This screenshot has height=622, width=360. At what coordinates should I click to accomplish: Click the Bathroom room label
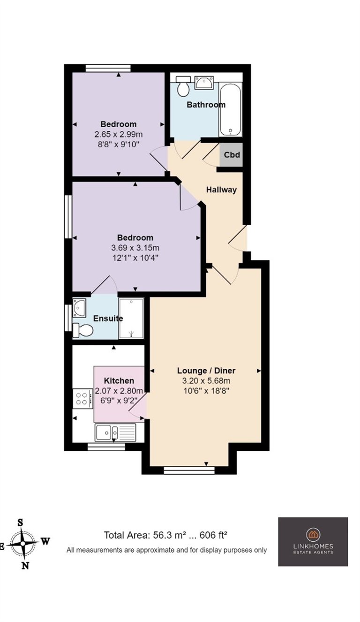[x=206, y=105]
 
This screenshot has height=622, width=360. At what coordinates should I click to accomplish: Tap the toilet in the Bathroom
[x=183, y=86]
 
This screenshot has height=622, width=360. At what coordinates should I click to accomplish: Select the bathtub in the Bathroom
[x=230, y=109]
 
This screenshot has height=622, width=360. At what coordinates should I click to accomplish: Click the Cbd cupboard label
[x=232, y=155]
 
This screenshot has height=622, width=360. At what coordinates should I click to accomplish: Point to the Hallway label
[x=221, y=190]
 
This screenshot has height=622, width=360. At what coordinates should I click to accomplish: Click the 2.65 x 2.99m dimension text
[x=119, y=135]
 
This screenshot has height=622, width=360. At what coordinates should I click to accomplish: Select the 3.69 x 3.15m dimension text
[x=135, y=248]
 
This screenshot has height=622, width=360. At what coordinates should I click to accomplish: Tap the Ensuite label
[x=108, y=318]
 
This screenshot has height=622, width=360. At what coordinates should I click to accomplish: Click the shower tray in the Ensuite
[x=131, y=318]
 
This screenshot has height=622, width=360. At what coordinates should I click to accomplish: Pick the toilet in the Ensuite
[x=82, y=330]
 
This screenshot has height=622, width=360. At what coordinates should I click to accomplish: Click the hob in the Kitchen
[x=82, y=398]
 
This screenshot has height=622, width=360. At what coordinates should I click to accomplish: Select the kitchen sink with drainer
[x=115, y=432]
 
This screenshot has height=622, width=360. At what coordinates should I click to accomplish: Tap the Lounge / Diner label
[x=206, y=371]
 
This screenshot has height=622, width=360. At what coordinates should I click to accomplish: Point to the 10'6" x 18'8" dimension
[x=206, y=391]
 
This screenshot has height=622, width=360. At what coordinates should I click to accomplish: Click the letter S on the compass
[x=20, y=523]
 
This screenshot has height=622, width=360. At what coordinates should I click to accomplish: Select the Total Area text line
[x=166, y=535]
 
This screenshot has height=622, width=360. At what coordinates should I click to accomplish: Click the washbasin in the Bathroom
[x=204, y=83]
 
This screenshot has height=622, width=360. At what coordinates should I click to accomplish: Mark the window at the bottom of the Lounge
[x=189, y=470]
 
